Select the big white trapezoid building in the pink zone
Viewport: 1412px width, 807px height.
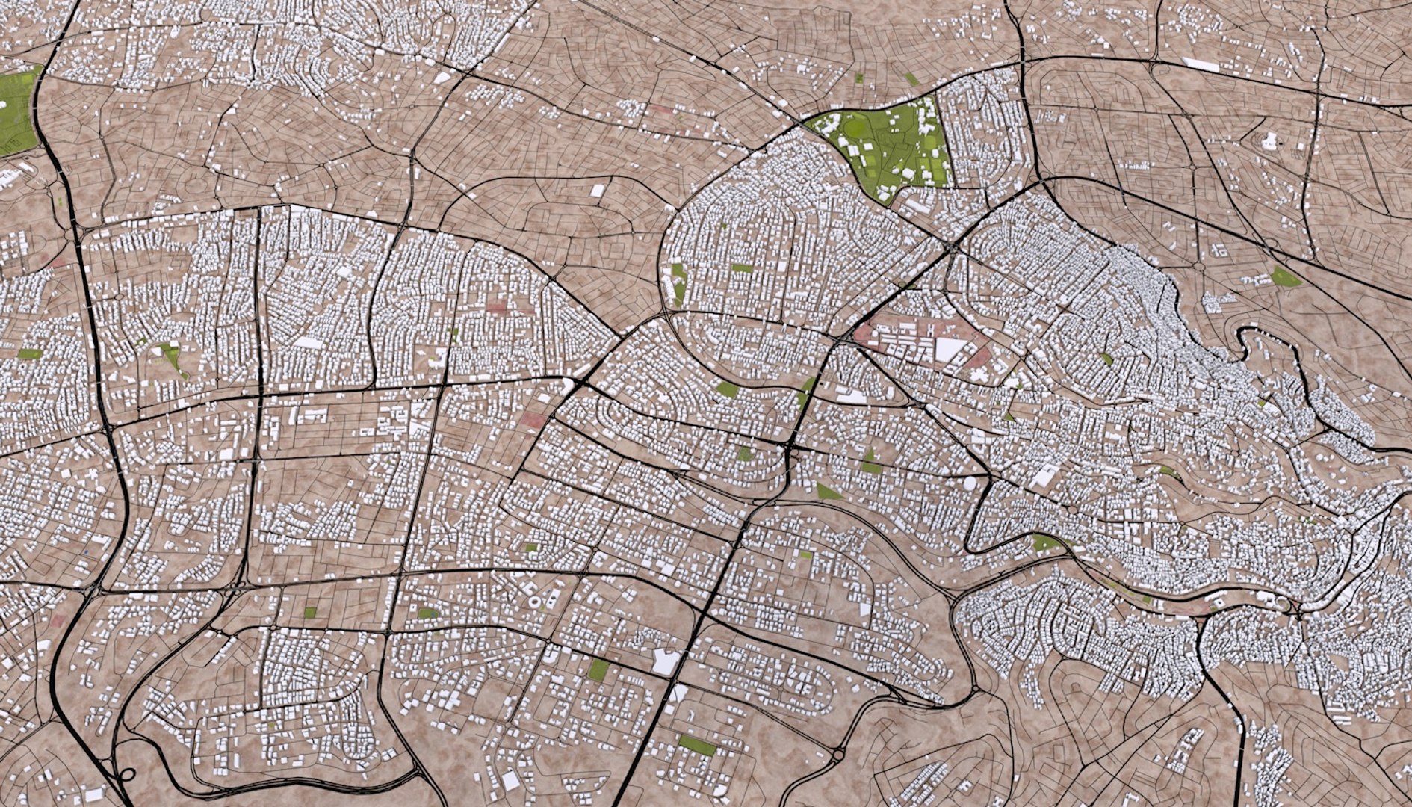947,349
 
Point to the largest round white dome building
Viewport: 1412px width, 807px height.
969,483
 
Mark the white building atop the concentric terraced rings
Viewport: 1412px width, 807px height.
1270,140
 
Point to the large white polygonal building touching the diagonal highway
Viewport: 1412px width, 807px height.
665,661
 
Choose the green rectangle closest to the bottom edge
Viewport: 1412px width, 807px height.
696,745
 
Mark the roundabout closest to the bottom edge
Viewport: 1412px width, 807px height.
837,756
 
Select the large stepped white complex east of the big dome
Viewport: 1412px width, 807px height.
1044,475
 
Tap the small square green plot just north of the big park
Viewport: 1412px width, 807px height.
858,77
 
